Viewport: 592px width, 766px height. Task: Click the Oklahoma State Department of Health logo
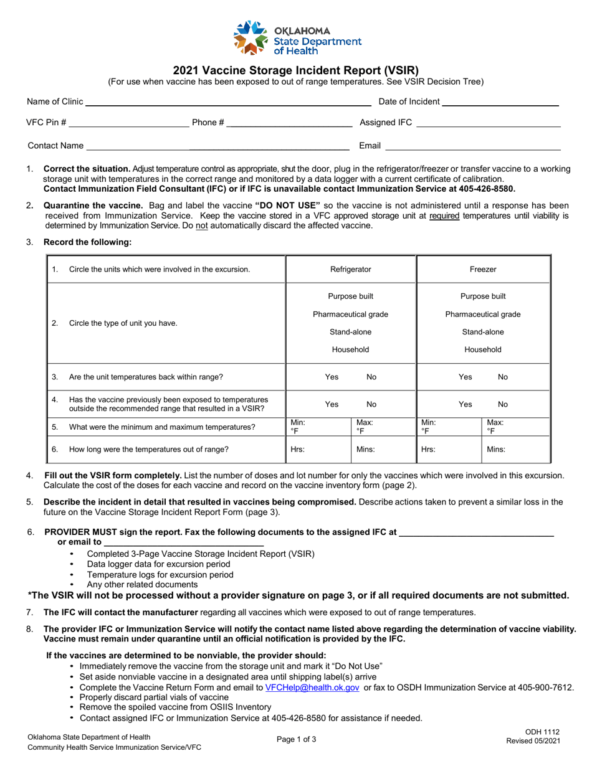[296, 37]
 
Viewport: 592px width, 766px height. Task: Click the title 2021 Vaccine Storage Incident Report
[296, 70]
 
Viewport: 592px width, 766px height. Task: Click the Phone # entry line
[289, 123]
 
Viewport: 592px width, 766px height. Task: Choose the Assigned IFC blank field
[488, 123]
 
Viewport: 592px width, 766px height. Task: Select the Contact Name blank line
[217, 146]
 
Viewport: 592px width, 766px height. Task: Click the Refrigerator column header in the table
[351, 270]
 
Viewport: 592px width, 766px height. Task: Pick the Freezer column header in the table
[482, 270]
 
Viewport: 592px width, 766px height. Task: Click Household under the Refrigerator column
[351, 350]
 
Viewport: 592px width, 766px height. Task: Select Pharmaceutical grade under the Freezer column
[482, 314]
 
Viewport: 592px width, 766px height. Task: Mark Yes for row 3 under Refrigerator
[332, 377]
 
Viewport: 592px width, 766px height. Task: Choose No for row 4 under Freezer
[503, 404]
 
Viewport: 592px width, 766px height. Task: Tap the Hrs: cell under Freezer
[449, 449]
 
